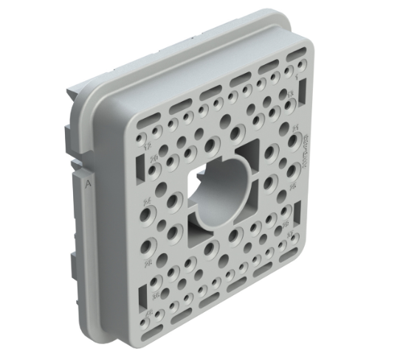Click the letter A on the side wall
[x=89, y=185]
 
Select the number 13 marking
[x=290, y=94]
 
